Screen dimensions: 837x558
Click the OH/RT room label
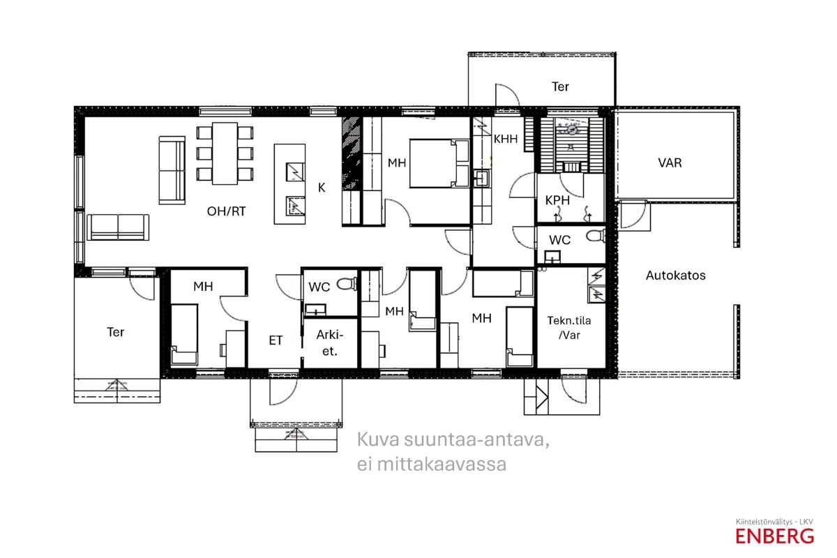point(227,211)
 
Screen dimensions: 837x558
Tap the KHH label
point(506,139)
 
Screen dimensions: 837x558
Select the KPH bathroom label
point(557,200)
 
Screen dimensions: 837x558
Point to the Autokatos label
point(676,276)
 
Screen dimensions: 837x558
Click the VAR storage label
point(670,163)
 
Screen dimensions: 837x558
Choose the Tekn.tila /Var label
point(569,328)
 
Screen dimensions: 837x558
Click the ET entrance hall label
point(276,340)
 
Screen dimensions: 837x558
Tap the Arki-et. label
point(329,342)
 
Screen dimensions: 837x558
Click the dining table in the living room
point(225,153)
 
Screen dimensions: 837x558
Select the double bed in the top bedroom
point(439,163)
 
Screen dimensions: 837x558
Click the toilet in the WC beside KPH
point(596,236)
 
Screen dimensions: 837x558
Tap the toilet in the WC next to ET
point(347,284)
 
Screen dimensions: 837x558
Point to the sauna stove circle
point(571,130)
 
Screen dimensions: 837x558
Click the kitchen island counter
point(289,184)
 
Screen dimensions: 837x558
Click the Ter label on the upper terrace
point(560,86)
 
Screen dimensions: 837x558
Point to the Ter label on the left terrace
point(116,332)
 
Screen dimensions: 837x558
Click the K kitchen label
point(322,188)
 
